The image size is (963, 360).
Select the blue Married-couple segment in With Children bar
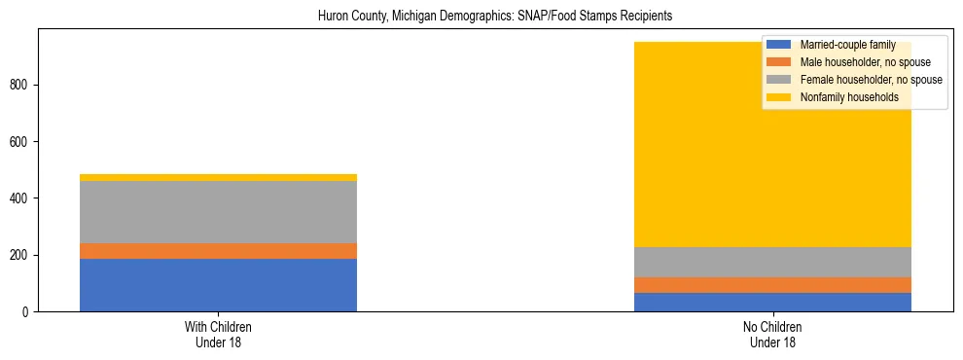(218, 284)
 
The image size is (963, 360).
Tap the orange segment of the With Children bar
(218, 251)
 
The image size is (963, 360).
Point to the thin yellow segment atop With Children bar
(218, 177)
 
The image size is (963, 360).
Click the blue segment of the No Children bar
(772, 302)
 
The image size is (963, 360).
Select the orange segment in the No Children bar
(772, 285)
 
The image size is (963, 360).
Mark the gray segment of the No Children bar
(772, 262)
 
